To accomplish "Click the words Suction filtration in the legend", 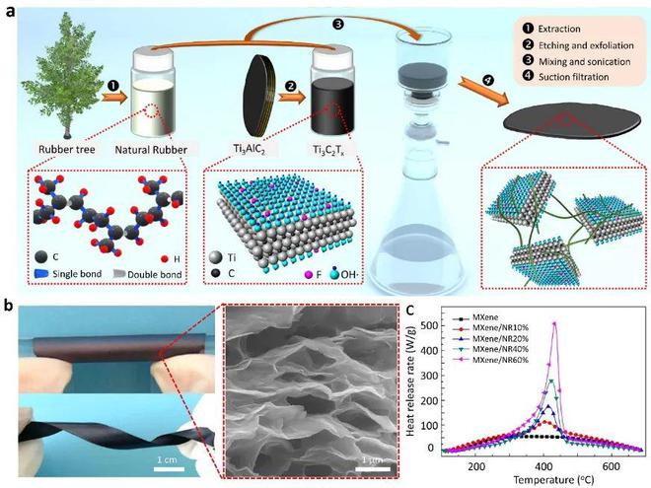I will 574,97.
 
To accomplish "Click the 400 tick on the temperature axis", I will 542,464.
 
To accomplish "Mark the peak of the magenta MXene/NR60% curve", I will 555,322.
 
